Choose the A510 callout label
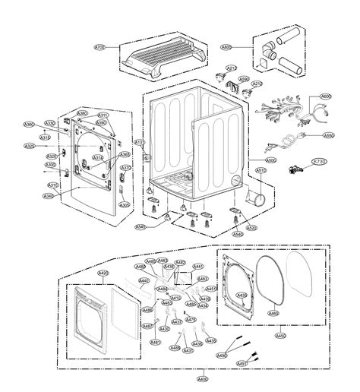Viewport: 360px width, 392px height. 261,171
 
